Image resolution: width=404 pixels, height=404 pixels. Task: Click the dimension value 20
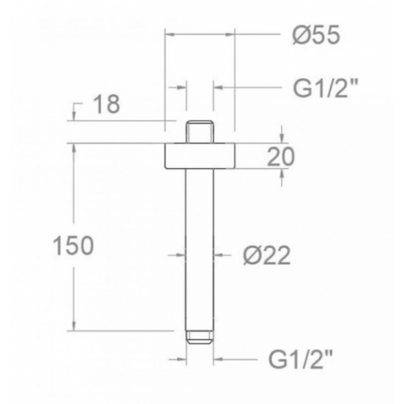click(x=279, y=156)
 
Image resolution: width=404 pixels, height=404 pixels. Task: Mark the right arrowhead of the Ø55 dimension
click(x=229, y=36)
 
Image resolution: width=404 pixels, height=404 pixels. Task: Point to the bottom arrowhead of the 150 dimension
click(x=74, y=326)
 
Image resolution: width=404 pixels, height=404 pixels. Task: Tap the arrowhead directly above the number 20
click(x=281, y=140)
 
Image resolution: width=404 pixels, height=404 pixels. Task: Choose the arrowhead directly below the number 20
click(x=281, y=172)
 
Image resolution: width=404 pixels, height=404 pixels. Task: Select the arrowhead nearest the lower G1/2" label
click(x=217, y=357)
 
